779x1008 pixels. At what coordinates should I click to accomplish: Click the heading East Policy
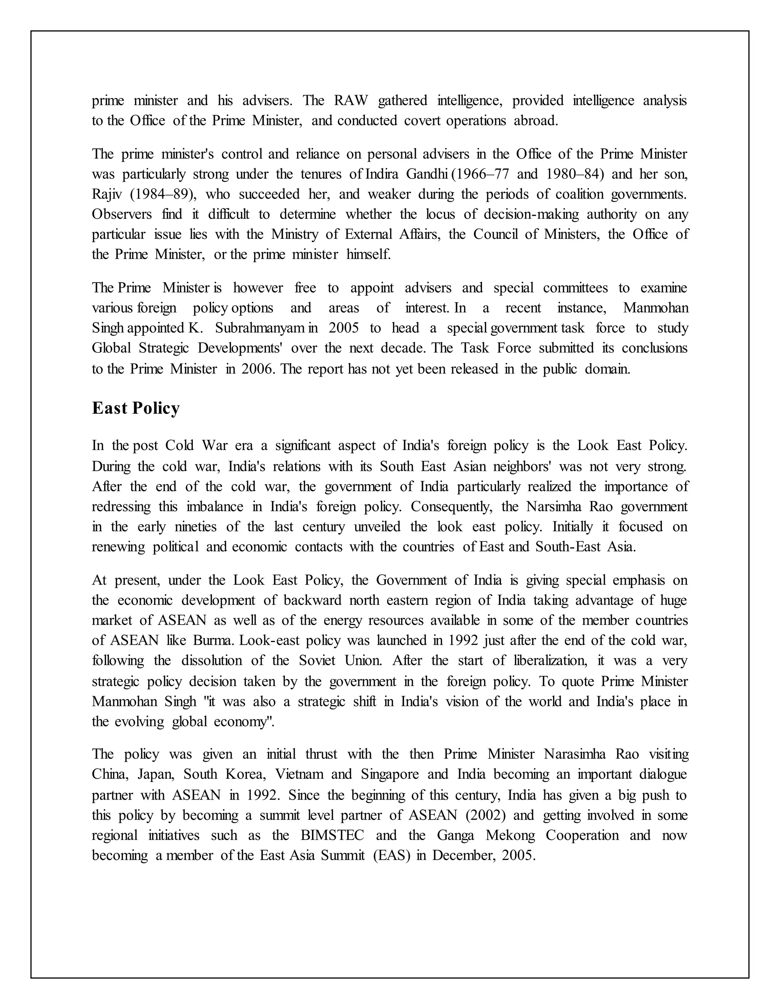pyautogui.click(x=136, y=408)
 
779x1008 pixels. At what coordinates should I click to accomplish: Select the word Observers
pyautogui.click(x=122, y=215)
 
